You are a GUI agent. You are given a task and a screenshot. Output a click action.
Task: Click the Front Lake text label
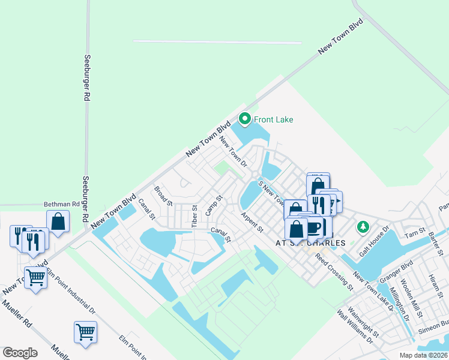pos(273,119)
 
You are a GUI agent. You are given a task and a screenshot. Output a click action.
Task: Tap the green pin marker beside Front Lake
pos(244,119)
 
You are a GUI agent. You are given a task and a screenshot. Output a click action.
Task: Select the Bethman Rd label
pos(62,204)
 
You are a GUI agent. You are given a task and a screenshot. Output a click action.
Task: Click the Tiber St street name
pos(194,216)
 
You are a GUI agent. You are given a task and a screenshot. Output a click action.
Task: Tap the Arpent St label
pos(252,221)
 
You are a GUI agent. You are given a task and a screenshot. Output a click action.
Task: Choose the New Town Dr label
pos(233,151)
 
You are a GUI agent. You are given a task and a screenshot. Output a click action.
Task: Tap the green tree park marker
pos(362,227)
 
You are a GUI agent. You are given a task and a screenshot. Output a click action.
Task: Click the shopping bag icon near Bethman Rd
pos(58,221)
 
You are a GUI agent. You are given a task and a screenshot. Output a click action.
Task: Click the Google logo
pos(20,353)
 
